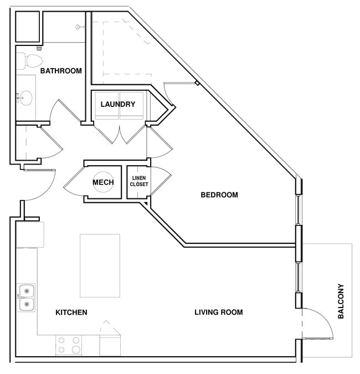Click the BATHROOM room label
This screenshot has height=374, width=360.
click(x=61, y=71)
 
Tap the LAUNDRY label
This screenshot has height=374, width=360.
click(x=117, y=104)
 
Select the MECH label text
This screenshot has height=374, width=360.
click(x=103, y=182)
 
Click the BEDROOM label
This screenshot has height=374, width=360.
click(x=219, y=195)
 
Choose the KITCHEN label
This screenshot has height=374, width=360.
click(x=71, y=312)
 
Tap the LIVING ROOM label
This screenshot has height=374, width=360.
click(x=218, y=312)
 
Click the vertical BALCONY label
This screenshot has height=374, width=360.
click(x=341, y=301)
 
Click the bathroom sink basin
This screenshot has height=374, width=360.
click(x=25, y=98)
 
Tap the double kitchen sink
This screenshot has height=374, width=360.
click(x=25, y=298)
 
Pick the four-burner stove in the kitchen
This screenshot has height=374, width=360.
click(x=69, y=345)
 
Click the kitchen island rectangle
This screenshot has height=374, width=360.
click(x=100, y=265)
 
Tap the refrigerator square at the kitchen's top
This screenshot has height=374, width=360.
click(x=30, y=234)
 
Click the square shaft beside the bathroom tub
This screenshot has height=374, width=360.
click(x=27, y=25)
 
